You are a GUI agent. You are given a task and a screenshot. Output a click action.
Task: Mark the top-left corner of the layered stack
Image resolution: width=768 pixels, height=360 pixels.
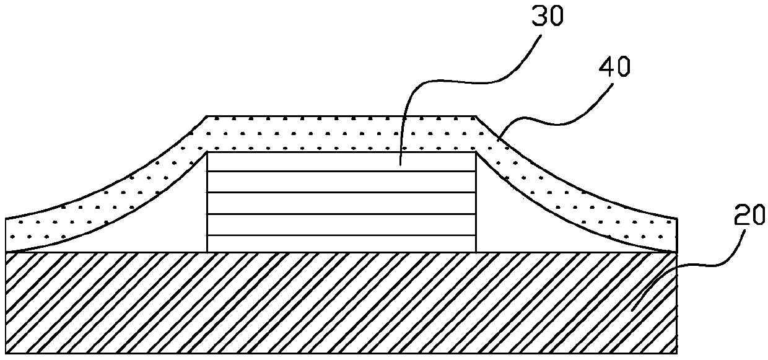coord(207,152)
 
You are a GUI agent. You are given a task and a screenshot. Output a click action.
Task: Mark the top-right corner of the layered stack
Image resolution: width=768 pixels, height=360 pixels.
coord(476,152)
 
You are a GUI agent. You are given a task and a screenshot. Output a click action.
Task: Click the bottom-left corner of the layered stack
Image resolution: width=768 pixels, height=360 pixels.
coord(207,252)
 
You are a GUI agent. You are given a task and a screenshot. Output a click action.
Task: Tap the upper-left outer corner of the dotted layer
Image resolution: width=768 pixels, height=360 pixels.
coord(207,116)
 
